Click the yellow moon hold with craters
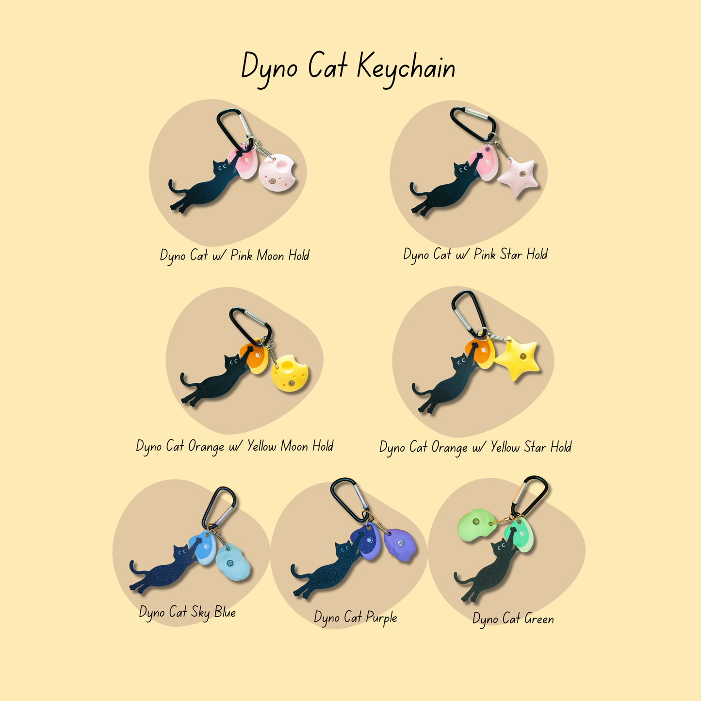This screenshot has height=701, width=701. pos(290,373)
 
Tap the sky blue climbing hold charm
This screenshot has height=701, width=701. pos(233,563)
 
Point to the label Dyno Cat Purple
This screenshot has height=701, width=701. pos(356,618)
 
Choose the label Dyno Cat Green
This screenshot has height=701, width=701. pos(513,619)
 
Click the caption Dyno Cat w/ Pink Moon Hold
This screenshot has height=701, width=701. pos(235,256)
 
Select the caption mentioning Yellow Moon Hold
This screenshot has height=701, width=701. pos(235,447)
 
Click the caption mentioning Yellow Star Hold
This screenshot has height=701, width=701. pos(475,447)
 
